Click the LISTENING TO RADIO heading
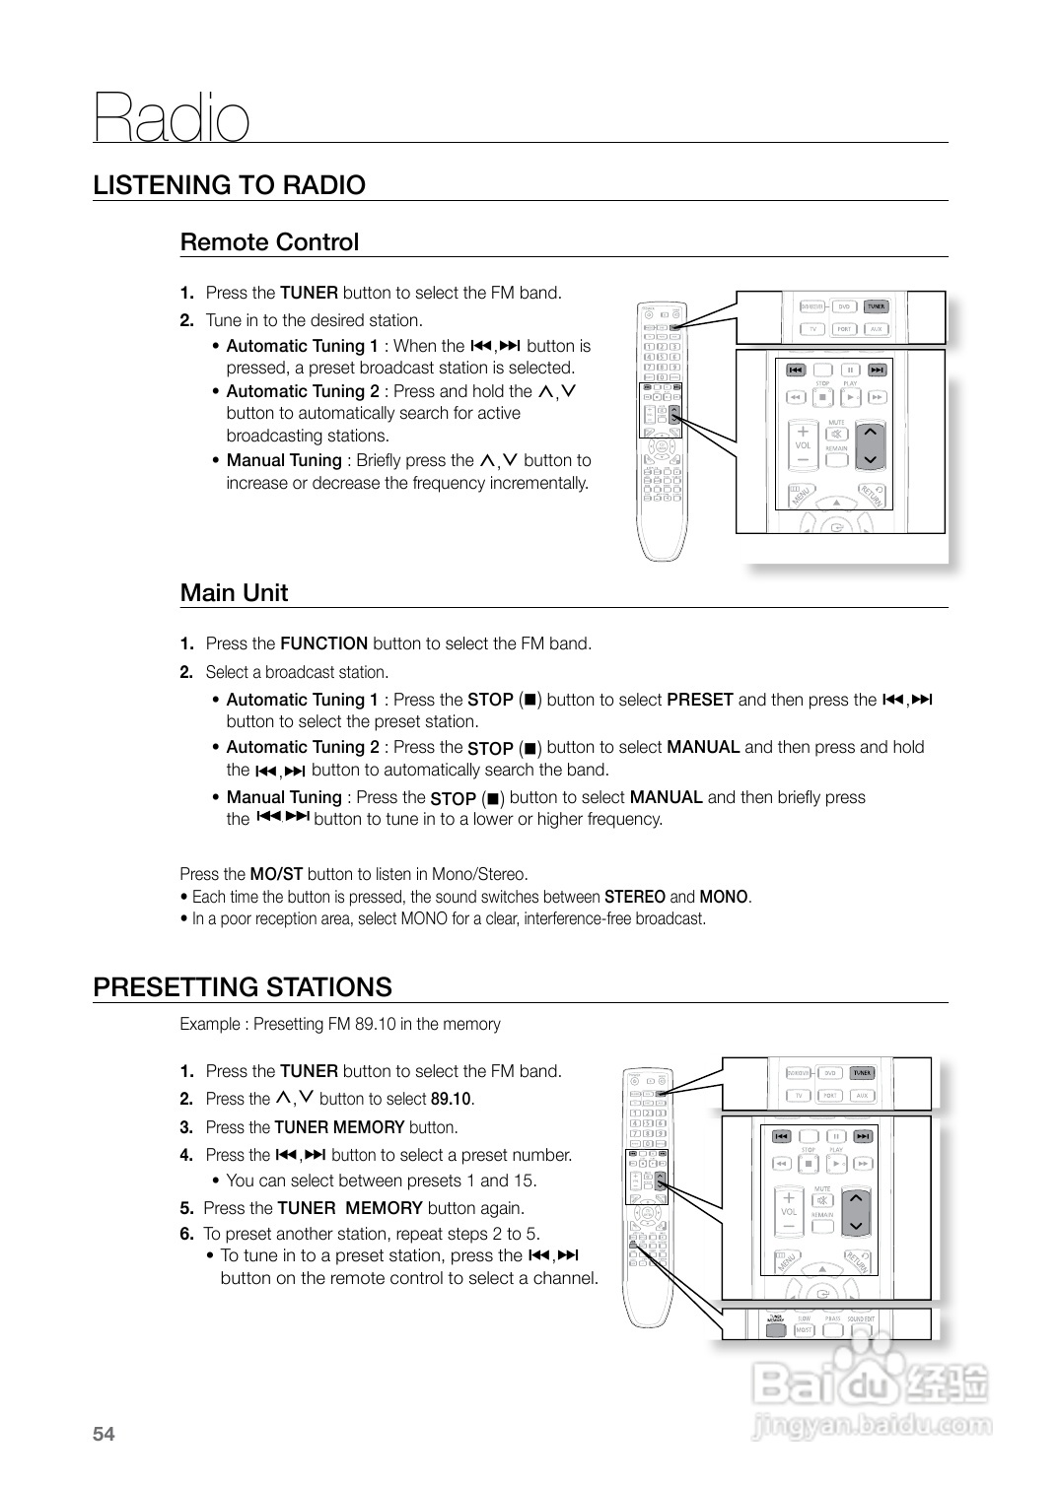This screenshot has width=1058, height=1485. (229, 185)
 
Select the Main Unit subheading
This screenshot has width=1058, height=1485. (234, 593)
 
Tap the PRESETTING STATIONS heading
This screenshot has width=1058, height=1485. (242, 987)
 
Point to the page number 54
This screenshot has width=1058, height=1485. (104, 1435)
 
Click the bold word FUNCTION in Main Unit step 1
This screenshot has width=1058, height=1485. (323, 644)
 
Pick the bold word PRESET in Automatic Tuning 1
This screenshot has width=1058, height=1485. (699, 701)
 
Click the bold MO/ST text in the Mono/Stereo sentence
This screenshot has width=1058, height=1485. (276, 874)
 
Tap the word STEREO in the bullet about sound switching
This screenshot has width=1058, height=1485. (634, 897)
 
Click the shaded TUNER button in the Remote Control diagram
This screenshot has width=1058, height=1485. (876, 306)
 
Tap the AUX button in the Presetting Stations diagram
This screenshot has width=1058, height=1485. (862, 1096)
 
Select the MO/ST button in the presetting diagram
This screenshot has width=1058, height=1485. (804, 1329)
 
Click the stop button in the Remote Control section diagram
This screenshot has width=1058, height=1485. (822, 398)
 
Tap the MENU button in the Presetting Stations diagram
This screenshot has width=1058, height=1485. (789, 1259)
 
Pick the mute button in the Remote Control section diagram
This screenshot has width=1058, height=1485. (836, 434)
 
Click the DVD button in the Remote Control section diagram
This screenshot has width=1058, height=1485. (844, 306)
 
